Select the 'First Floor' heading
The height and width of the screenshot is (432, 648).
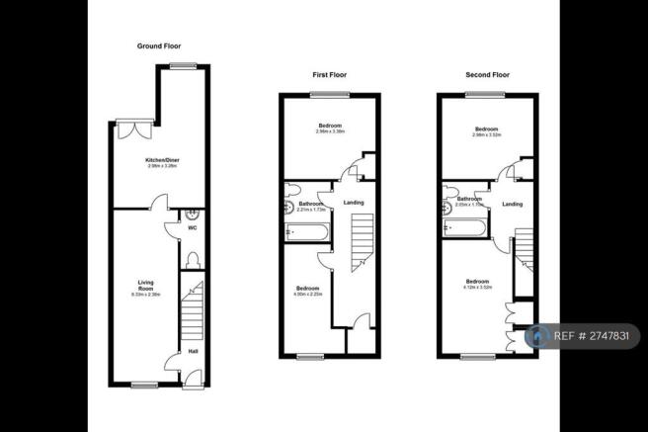coord(329,74)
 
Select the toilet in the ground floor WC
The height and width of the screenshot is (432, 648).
coord(193,258)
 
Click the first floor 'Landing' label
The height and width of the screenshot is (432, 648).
coord(353,203)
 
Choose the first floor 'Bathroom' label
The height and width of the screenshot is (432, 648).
coord(312,204)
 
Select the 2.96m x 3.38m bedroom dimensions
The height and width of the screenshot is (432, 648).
coord(329,131)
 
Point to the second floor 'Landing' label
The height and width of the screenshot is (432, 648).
coord(512,204)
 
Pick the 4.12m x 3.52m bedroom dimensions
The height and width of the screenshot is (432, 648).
coord(478,288)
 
